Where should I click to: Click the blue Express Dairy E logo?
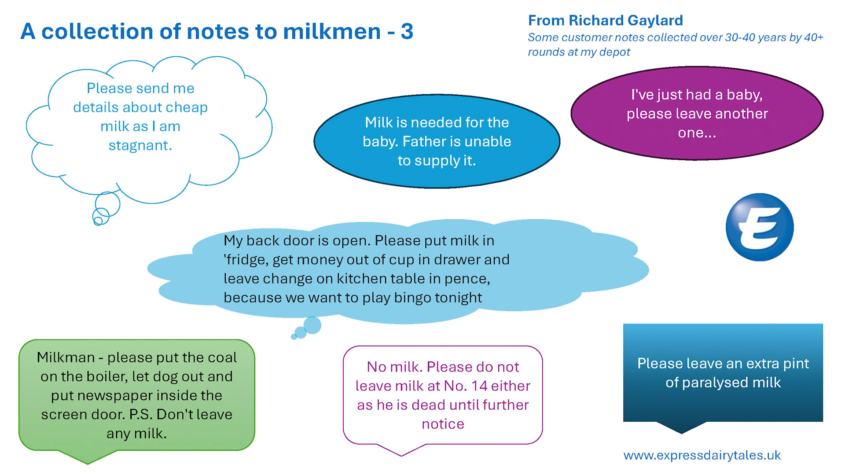point(759,227)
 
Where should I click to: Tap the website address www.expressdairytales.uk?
point(702,455)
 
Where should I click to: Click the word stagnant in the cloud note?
point(140,145)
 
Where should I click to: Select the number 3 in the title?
point(407,32)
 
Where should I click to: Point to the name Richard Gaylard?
point(625,20)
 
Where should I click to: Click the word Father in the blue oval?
point(425,142)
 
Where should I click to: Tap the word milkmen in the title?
point(332,32)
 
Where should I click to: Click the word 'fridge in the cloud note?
point(246,260)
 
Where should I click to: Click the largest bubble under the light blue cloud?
point(312,325)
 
